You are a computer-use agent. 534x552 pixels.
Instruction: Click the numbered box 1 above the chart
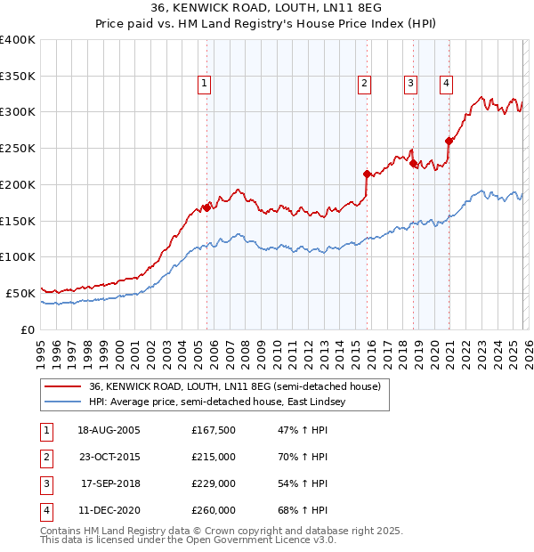[205, 84]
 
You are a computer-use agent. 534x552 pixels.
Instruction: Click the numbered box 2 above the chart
[365, 84]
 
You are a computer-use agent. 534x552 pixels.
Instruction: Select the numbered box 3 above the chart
[410, 84]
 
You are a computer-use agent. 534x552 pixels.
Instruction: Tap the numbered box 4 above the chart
[445, 84]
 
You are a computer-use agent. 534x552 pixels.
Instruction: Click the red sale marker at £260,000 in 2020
[449, 140]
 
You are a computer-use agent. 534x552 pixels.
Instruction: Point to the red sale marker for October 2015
[368, 174]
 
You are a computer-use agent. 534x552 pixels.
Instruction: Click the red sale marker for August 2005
[206, 207]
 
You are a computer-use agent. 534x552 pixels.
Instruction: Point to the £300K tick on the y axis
[18, 112]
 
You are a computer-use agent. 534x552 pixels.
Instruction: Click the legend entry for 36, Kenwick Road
[235, 386]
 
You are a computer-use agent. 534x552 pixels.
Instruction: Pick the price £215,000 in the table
[214, 457]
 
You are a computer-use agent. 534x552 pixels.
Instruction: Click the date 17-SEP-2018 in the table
[110, 483]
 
